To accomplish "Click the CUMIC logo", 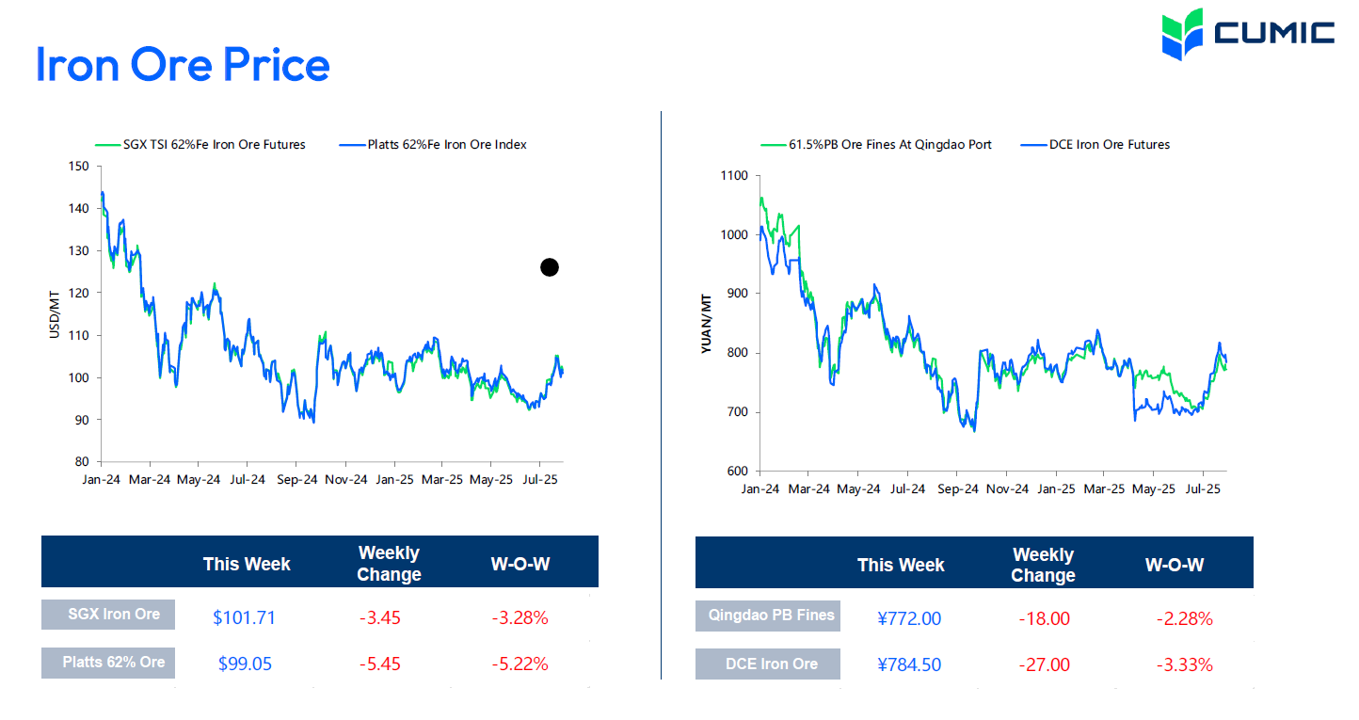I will point(1247,33).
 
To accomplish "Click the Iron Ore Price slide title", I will point(183,65).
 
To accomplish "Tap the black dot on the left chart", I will point(550,267).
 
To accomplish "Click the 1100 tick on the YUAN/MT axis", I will point(733,176).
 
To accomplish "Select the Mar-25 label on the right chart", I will point(1104,489).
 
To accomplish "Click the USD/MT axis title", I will point(55,314).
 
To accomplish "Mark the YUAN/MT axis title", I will point(706,324).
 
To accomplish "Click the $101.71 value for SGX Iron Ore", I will point(244,618).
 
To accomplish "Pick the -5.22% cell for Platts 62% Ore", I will point(520,664).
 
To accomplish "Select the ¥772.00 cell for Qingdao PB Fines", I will point(908,618).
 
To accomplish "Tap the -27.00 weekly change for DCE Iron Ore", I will point(1044,664).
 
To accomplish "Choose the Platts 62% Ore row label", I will point(113,663).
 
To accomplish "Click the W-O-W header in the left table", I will point(520,564).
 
